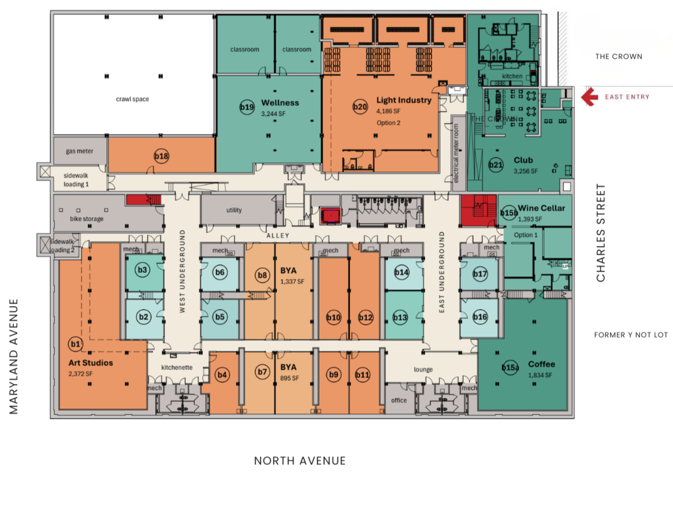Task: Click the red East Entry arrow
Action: coord(590,96)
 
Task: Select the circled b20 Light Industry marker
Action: coord(360,107)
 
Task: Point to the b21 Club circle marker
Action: coord(496,164)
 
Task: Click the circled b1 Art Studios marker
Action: coord(76,344)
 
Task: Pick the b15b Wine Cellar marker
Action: coord(509,212)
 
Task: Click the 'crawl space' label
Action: coord(132,99)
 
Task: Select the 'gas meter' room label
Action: coord(80,151)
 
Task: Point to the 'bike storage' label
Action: coord(87,219)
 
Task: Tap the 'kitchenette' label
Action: coord(177,367)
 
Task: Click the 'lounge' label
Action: coord(423,369)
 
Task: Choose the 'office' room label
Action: coord(399,400)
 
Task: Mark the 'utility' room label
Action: coord(234,210)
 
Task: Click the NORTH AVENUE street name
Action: coord(300,461)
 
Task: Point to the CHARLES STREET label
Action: coord(600,233)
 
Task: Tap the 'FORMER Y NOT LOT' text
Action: coord(630,335)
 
